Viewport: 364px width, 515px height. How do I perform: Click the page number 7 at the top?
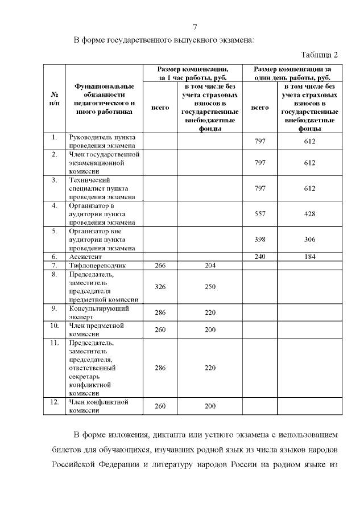coord(195,27)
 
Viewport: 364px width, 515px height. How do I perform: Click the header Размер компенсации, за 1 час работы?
coord(193,72)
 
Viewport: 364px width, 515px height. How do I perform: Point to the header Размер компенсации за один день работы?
coord(292,72)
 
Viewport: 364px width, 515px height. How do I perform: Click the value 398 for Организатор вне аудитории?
coord(260,240)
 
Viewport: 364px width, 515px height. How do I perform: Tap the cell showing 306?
coord(309,240)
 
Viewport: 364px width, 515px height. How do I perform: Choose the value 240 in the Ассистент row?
coord(260,257)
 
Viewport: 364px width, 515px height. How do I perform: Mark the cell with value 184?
coord(309,257)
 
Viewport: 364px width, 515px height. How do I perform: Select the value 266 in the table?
coord(160,265)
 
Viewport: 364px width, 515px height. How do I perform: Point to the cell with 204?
coord(210,265)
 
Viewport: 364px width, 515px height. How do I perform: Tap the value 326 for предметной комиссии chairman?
coord(160,287)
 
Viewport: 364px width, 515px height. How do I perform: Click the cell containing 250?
coord(210,287)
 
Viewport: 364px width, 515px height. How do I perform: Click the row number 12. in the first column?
coord(54,402)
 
